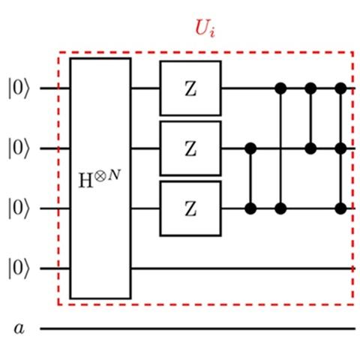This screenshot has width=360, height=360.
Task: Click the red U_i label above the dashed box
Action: pos(205,28)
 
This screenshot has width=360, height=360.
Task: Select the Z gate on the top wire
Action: pos(190,88)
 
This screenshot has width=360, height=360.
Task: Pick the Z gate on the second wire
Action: pos(190,148)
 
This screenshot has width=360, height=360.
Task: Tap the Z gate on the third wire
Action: pos(190,208)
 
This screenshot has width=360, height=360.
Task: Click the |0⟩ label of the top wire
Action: pos(19,88)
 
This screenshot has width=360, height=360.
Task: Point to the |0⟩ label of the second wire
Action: pos(19,148)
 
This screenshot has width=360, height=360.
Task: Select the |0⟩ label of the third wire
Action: pos(19,208)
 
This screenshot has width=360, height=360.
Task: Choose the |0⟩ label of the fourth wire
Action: pos(19,268)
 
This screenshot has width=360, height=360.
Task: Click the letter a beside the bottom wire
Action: pos(19,328)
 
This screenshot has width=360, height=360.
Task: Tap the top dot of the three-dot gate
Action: pos(340,88)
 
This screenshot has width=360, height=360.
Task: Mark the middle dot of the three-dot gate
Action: pos(340,148)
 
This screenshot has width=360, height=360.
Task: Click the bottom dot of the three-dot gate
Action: pos(340,208)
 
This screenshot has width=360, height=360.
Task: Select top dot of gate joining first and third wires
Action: pos(280,88)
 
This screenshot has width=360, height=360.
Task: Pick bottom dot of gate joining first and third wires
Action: pos(280,208)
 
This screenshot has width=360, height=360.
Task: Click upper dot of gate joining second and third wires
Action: pos(250,148)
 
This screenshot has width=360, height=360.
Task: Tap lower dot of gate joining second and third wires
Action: pos(250,208)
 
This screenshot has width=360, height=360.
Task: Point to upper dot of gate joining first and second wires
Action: pos(310,88)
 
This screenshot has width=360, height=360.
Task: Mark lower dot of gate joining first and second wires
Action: pos(310,148)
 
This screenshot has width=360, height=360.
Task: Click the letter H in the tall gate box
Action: pos(85,181)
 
